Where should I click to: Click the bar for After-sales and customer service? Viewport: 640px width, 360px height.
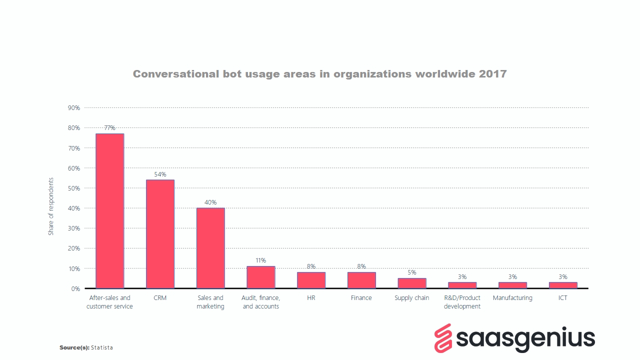click(109, 210)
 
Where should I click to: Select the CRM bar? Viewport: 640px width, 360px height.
click(160, 233)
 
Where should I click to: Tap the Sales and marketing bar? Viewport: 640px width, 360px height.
click(210, 247)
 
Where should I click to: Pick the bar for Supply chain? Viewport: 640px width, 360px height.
click(411, 283)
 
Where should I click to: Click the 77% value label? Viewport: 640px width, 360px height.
click(109, 128)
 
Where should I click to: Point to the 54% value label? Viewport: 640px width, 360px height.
click(160, 174)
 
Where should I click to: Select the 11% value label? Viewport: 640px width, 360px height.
click(260, 260)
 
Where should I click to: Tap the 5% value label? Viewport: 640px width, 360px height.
click(411, 272)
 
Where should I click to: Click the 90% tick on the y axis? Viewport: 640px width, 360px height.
click(73, 108)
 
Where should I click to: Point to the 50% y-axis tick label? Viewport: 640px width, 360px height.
click(73, 188)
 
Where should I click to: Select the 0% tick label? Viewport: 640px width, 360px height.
click(75, 289)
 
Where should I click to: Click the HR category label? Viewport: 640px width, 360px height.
click(311, 298)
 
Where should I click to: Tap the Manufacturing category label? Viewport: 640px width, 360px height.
click(512, 298)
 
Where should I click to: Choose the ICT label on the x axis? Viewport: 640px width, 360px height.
click(562, 298)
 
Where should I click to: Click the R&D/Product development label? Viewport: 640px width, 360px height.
click(462, 302)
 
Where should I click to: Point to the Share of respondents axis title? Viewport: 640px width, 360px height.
click(51, 206)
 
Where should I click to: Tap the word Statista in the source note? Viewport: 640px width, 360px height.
click(102, 347)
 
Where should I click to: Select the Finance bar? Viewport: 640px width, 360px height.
click(361, 280)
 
